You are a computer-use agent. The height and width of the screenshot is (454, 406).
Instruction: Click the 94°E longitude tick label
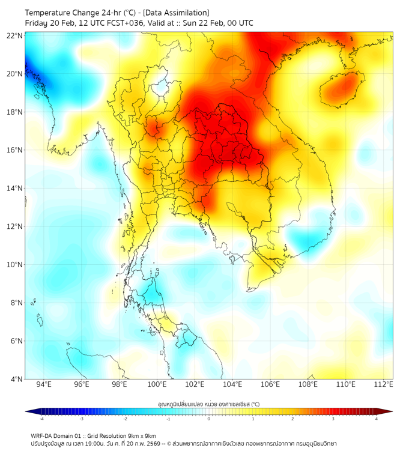[44, 384]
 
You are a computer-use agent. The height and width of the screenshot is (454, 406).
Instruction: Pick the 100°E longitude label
[157, 384]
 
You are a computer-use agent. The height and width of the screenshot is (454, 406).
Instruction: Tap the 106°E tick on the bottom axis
[271, 384]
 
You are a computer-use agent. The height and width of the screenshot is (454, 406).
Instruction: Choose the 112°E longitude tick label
[384, 384]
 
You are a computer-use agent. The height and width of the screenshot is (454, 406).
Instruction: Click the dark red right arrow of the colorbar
[389, 411]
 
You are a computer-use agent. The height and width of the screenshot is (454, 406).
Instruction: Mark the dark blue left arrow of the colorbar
[29, 411]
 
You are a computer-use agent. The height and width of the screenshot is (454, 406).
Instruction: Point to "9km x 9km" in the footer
[142, 435]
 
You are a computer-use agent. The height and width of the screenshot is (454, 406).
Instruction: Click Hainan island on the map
[342, 88]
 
